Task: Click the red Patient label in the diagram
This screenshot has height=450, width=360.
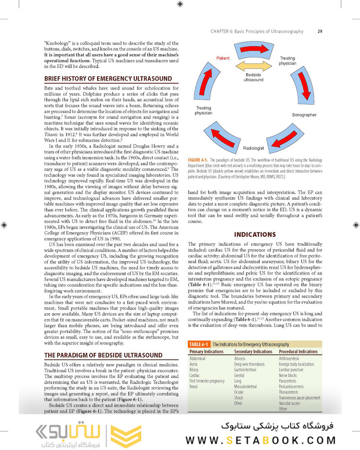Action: pyautogui.click(x=223, y=58)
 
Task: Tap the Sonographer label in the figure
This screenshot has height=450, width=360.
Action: pyautogui.click(x=304, y=115)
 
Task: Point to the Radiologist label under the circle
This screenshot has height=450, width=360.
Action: pyautogui.click(x=253, y=148)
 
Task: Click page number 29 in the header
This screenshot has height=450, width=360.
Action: pyautogui.click(x=320, y=31)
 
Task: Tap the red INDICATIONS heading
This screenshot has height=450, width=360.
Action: pyautogui.click(x=255, y=235)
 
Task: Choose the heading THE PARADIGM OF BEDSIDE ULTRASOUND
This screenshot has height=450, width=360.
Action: pyautogui.click(x=103, y=355)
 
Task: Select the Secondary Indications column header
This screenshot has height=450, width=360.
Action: pyautogui.click(x=253, y=352)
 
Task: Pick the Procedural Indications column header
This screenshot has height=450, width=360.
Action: pyautogui.click(x=298, y=352)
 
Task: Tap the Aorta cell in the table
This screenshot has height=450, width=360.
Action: pyautogui.click(x=194, y=364)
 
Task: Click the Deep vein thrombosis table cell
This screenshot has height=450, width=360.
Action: pyautogui.click(x=249, y=364)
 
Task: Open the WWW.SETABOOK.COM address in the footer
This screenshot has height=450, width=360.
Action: pyautogui.click(x=260, y=440)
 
